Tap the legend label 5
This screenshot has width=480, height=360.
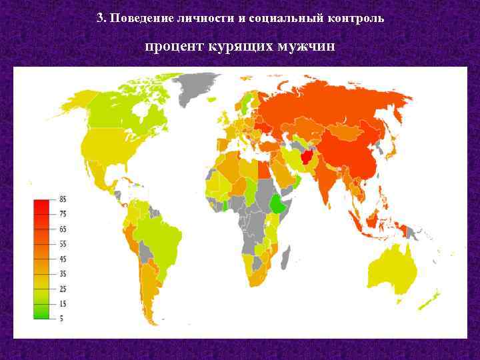click(x=61, y=318)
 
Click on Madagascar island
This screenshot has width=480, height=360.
click(x=287, y=254)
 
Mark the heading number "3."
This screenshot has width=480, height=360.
click(x=101, y=18)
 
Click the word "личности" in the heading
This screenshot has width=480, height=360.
click(x=198, y=18)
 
